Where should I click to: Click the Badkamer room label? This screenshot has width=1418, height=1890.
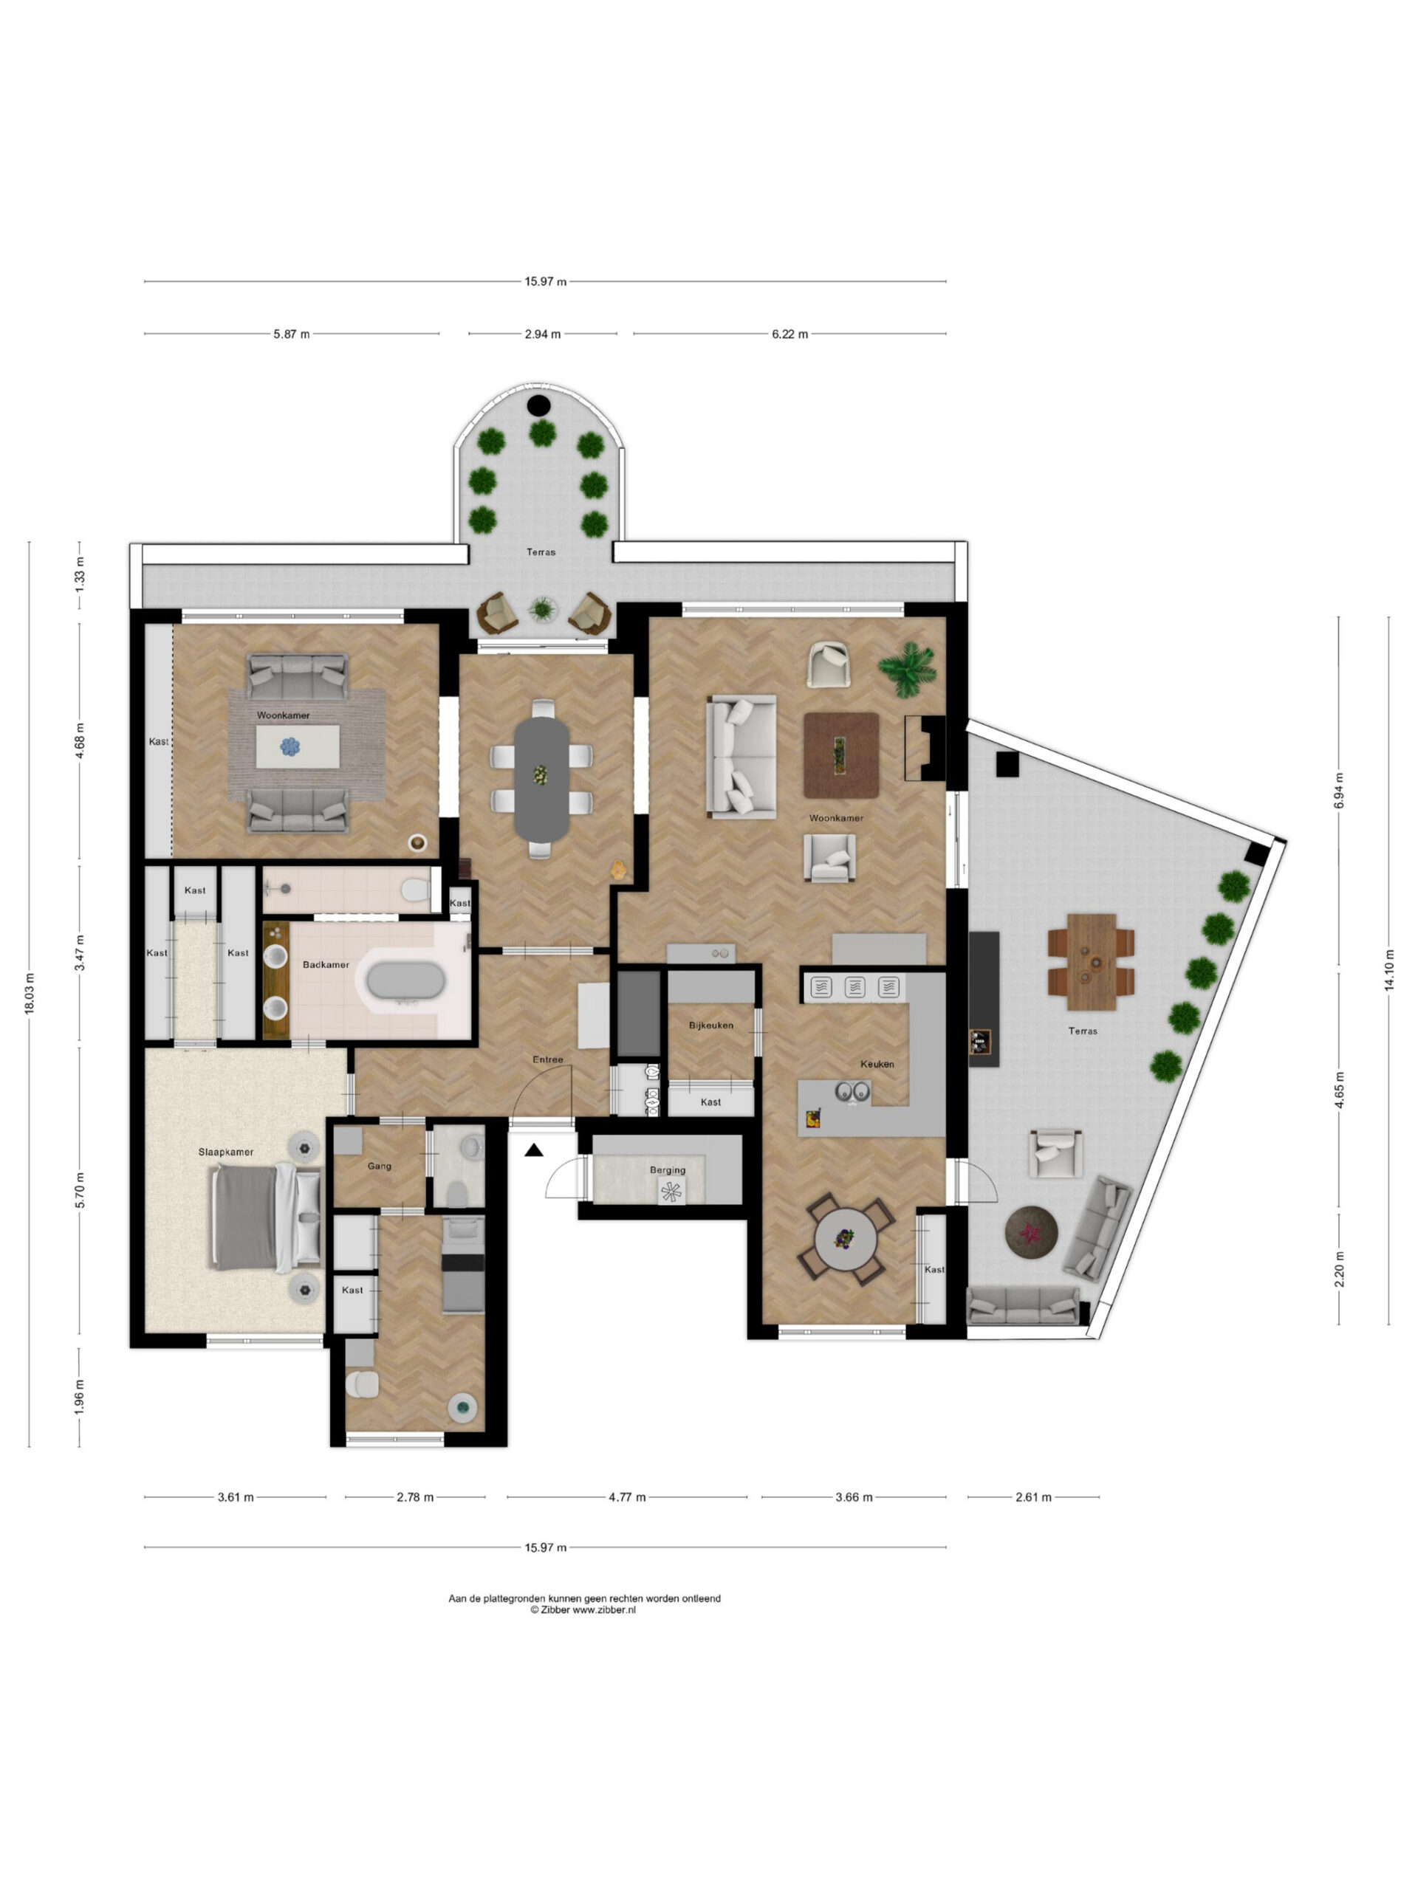(x=326, y=965)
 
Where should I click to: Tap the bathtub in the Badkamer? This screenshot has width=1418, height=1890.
(x=405, y=982)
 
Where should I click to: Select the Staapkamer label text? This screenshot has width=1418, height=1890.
(x=226, y=1152)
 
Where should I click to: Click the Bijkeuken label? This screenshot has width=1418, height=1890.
(x=711, y=1025)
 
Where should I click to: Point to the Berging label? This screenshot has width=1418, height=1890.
(x=668, y=1169)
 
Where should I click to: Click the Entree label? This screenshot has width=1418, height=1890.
(x=548, y=1059)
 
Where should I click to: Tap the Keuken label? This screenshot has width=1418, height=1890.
(x=877, y=1064)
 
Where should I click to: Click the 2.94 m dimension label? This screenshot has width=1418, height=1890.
(x=543, y=334)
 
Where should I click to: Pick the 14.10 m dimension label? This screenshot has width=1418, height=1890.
(x=1389, y=971)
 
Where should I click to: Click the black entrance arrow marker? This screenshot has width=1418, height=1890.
(x=534, y=1150)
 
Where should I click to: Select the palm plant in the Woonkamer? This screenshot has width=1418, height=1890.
(x=908, y=669)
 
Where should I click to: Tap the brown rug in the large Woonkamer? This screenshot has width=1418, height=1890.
(x=841, y=755)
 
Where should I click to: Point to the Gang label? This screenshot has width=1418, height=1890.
(x=380, y=1166)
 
